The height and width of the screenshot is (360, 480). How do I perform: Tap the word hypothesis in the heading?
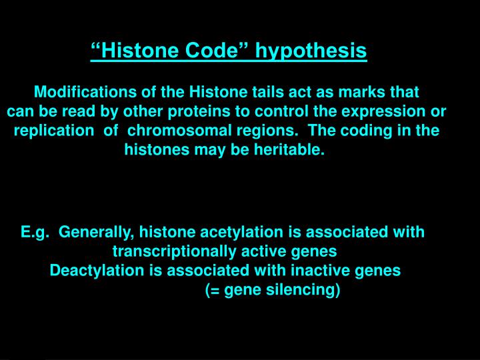pos(312,51)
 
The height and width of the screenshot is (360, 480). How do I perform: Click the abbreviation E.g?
pos(34,232)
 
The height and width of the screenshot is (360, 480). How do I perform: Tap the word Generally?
pos(97,232)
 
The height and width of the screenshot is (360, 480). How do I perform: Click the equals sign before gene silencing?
pos(213,291)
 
